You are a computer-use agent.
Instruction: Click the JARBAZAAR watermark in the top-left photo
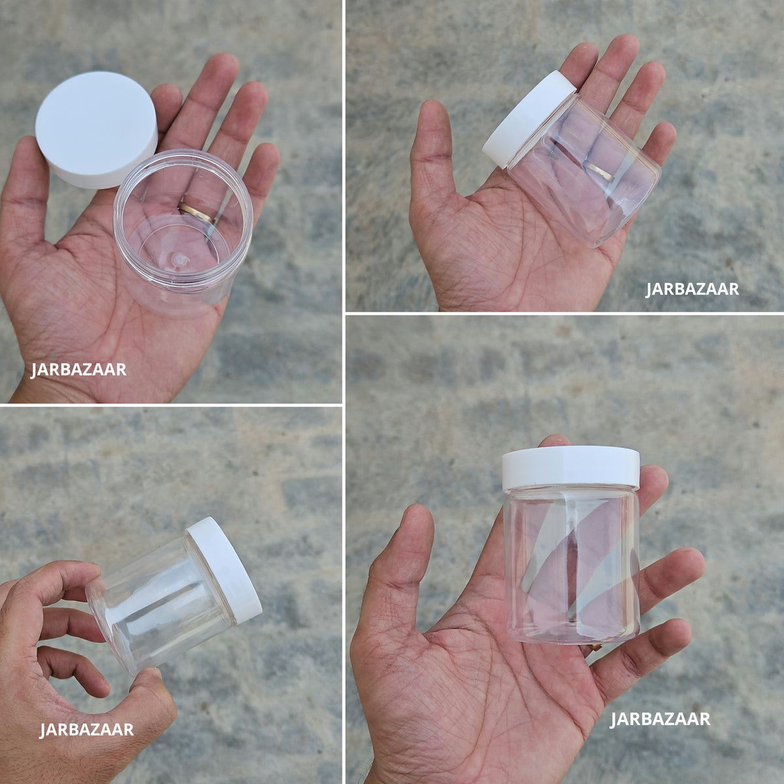[78, 370]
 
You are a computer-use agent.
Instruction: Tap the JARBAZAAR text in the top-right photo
[693, 289]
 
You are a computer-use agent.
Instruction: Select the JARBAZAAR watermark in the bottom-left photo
[86, 730]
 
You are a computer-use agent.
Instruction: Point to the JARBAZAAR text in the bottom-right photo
[659, 719]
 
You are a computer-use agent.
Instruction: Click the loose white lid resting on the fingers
[97, 129]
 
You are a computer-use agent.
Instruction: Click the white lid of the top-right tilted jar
[529, 119]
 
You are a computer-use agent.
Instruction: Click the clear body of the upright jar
[572, 566]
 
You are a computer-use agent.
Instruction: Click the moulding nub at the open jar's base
[178, 258]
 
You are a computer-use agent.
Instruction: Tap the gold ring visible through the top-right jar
[600, 172]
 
